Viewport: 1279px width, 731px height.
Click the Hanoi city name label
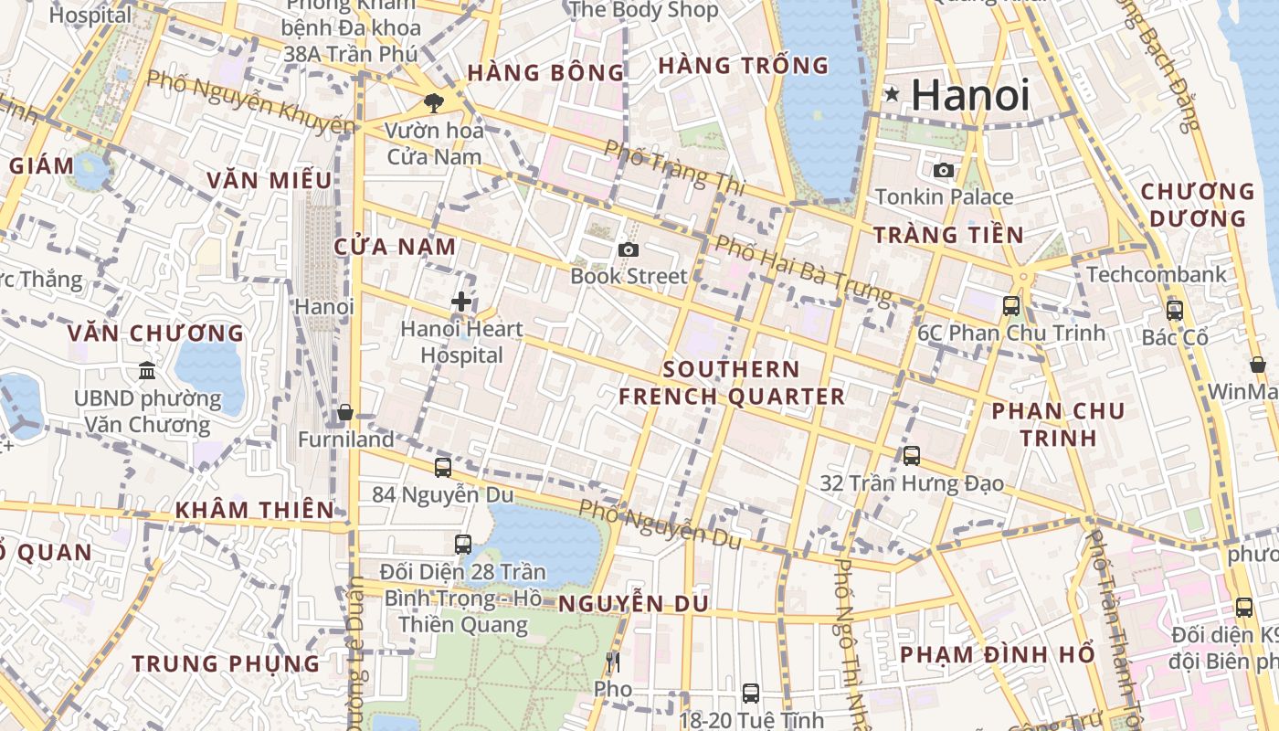pyautogui.click(x=970, y=95)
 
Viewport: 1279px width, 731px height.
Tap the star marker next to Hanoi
pyautogui.click(x=892, y=94)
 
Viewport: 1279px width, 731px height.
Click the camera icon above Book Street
pyautogui.click(x=628, y=249)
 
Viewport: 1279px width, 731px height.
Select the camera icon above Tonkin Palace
pyautogui.click(x=944, y=170)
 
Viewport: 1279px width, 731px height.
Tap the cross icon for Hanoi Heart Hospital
pyautogui.click(x=461, y=302)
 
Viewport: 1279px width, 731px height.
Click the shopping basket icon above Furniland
pyautogui.click(x=345, y=413)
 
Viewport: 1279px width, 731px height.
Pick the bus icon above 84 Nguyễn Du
pyautogui.click(x=443, y=467)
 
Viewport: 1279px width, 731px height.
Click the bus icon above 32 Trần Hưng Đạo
pyautogui.click(x=911, y=455)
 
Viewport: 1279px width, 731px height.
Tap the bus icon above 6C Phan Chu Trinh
pyautogui.click(x=1011, y=306)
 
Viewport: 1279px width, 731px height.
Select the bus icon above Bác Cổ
pyautogui.click(x=1175, y=310)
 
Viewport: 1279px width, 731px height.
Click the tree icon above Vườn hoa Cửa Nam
pyautogui.click(x=433, y=103)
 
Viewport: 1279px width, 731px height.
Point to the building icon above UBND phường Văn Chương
pyautogui.click(x=147, y=370)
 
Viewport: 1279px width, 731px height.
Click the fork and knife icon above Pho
pyautogui.click(x=612, y=662)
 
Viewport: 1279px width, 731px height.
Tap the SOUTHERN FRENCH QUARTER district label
pyautogui.click(x=732, y=383)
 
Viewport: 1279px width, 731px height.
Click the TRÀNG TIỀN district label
pyautogui.click(x=948, y=235)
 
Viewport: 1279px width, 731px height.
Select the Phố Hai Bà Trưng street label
pyautogui.click(x=802, y=269)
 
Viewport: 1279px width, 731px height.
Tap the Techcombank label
pyautogui.click(x=1156, y=274)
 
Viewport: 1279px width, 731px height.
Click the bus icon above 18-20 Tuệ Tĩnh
pyautogui.click(x=750, y=693)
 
